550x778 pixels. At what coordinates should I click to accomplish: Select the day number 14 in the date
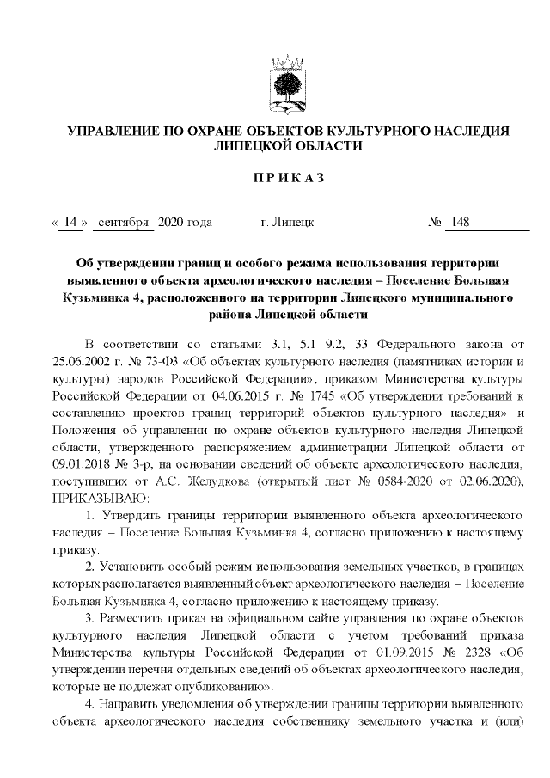[x=70, y=224]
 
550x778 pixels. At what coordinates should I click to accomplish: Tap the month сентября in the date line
[x=124, y=224]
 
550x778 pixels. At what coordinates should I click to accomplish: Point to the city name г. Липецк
[x=287, y=224]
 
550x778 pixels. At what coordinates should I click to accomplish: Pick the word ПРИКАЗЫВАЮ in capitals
[x=101, y=498]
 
